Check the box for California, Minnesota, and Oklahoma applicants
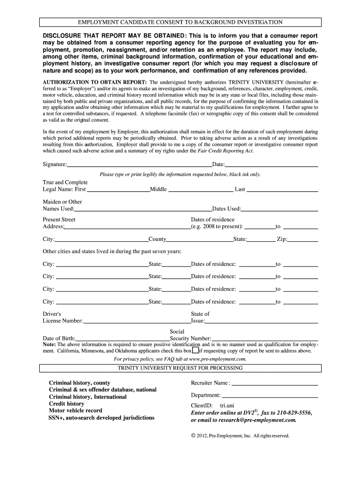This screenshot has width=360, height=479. (195, 350)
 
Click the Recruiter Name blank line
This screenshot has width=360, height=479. (274, 383)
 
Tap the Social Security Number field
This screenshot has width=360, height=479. (265, 338)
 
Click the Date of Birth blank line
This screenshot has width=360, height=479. (122, 338)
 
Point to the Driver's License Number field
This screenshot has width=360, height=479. (137, 321)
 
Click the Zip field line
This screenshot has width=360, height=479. (303, 239)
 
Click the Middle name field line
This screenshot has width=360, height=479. (200, 189)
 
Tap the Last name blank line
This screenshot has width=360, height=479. (282, 189)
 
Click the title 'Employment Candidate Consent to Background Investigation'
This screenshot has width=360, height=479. (180, 22)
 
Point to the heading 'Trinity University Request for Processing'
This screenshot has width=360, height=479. (180, 368)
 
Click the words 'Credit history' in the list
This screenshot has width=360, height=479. (67, 404)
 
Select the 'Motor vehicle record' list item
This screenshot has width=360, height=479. (75, 411)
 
